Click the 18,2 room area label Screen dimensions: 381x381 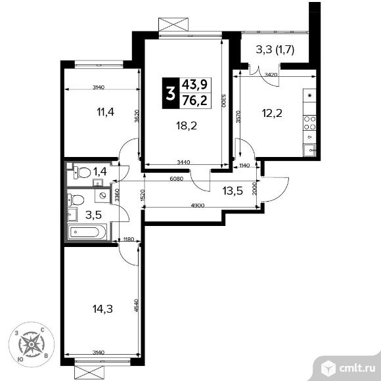[187, 126]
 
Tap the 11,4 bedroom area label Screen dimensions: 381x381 [106, 112]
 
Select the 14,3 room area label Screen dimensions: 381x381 [102, 309]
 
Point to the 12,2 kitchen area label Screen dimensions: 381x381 [272, 113]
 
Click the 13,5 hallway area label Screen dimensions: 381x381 [233, 190]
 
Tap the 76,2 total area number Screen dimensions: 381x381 [195, 101]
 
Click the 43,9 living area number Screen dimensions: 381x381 [195, 85]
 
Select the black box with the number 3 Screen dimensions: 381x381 [170, 93]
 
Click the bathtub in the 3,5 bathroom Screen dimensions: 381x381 [87, 232]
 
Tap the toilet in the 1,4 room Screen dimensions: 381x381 [81, 172]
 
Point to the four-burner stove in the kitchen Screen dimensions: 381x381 [309, 123]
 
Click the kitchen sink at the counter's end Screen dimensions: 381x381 [309, 150]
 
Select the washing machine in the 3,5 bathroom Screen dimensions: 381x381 [102, 196]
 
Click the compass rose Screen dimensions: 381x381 [32, 344]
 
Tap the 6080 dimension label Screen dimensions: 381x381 [177, 179]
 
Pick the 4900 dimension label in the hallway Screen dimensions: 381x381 [198, 206]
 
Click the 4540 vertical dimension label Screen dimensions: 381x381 [136, 305]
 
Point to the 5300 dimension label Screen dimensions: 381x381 [224, 101]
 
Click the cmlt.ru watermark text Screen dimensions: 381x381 [357, 369]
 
